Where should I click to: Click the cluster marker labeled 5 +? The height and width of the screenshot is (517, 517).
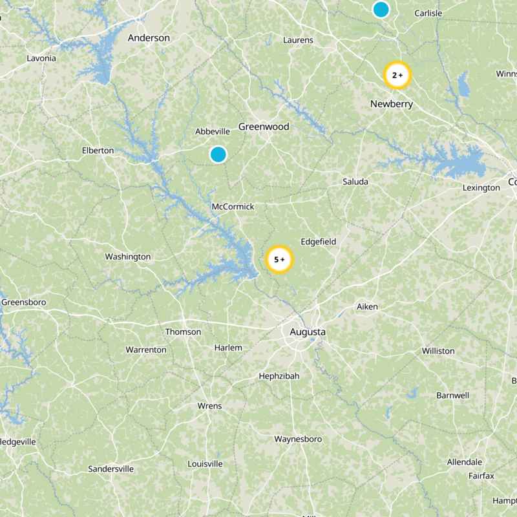coord(279,260)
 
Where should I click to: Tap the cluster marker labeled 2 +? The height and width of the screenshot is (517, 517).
coord(397,75)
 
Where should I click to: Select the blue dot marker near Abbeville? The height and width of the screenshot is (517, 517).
coord(218,154)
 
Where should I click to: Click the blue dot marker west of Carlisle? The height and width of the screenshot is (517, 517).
coord(381,9)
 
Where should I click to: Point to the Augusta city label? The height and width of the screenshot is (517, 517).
coord(308,332)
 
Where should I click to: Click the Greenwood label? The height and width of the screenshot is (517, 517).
coord(264,127)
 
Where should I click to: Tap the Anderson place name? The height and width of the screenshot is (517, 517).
coord(149,38)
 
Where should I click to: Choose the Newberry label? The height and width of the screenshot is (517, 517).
coord(392,104)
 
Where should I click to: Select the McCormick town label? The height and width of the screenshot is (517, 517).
coord(233,207)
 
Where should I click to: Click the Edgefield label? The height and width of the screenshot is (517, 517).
coord(319,242)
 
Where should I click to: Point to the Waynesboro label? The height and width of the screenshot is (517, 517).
coord(298,439)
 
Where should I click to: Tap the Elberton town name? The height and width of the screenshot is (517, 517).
coord(98,151)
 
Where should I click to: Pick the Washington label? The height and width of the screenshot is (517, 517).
coord(128,257)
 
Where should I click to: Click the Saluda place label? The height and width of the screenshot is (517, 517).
coord(355,182)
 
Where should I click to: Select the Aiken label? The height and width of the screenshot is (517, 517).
coord(367,306)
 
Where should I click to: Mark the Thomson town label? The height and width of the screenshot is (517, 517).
coord(184,332)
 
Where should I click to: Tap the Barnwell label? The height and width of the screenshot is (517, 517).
coord(452,395)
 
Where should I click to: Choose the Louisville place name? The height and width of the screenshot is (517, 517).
coord(205,464)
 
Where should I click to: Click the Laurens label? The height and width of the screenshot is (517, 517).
coord(298,40)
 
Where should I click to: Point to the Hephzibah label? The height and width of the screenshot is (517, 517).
coord(279,376)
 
